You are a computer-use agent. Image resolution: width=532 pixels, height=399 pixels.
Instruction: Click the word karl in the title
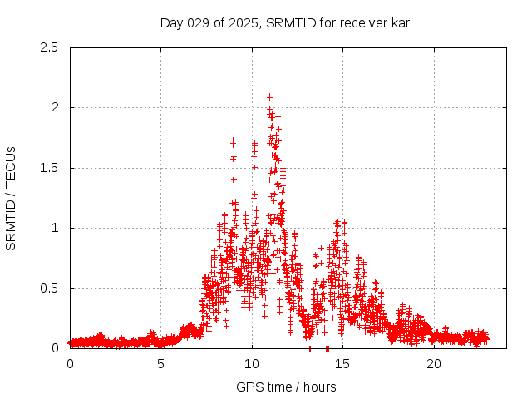pyautogui.click(x=400, y=22)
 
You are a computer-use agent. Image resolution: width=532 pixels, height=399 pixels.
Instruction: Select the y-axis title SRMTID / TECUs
pyautogui.click(x=11, y=198)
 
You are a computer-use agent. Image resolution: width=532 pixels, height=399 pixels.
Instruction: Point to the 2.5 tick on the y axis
pyautogui.click(x=50, y=47)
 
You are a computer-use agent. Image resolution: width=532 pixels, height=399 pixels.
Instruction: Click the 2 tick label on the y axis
pyautogui.click(x=55, y=107)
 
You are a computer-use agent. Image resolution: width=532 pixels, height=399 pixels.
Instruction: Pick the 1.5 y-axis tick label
pyautogui.click(x=50, y=168)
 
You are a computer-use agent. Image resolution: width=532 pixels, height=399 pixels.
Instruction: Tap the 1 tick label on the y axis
pyautogui.click(x=55, y=228)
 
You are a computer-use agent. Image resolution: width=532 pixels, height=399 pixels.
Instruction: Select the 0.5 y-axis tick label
pyautogui.click(x=50, y=288)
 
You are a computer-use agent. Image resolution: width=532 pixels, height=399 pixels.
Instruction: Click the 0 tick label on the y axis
pyautogui.click(x=55, y=348)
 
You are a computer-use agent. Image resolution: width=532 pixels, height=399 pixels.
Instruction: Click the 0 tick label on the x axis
pyautogui.click(x=70, y=364)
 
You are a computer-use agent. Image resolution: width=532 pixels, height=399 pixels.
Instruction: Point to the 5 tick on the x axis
pyautogui.click(x=161, y=364)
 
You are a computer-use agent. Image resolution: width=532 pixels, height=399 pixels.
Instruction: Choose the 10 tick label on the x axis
pyautogui.click(x=252, y=364)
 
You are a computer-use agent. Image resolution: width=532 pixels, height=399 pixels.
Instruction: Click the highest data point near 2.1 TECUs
pyautogui.click(x=269, y=96)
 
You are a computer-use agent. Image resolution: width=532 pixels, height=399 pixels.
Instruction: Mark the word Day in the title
pyautogui.click(x=172, y=22)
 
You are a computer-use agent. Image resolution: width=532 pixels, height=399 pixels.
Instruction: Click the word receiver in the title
pyautogui.click(x=359, y=22)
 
